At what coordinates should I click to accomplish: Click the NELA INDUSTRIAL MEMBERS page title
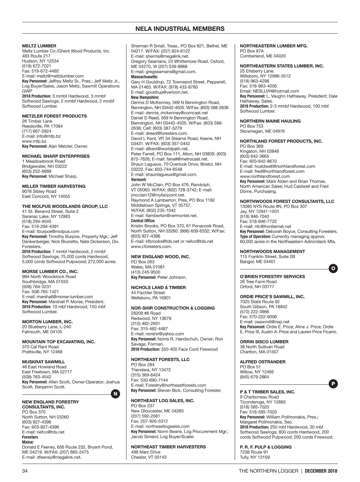[180, 29]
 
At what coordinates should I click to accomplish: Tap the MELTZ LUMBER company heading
[39, 46]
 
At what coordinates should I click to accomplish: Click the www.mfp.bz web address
[34, 141]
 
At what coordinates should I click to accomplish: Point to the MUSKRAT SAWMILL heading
[43, 362]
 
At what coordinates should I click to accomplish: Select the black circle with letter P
[333, 384]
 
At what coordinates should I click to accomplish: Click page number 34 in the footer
[25, 471]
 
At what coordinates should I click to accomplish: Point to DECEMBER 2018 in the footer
[321, 471]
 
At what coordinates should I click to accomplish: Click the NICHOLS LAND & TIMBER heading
[158, 288]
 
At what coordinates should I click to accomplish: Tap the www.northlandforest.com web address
[265, 176]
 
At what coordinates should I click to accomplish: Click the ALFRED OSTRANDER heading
[262, 362]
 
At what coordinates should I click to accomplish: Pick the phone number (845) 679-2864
[254, 377]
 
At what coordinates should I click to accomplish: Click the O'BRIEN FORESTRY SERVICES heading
[272, 276]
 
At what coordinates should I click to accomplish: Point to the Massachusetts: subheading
[145, 77]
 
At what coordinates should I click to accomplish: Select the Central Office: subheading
[143, 221]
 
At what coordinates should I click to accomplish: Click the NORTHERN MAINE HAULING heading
[270, 121]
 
